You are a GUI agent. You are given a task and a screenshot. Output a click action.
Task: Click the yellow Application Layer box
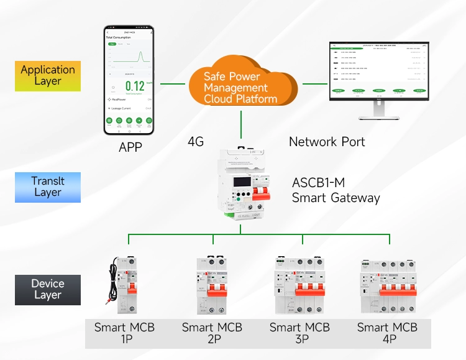coord(48,76)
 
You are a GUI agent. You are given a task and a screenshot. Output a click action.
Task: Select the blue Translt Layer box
coord(48,187)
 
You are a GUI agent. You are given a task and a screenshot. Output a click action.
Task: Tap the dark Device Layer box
coord(48,290)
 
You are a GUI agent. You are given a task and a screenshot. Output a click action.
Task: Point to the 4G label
coord(196,142)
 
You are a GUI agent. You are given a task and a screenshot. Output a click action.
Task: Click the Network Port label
coord(327,142)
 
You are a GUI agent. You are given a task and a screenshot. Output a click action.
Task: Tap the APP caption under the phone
coord(130,147)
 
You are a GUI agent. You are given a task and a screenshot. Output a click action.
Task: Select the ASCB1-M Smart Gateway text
coord(336,191)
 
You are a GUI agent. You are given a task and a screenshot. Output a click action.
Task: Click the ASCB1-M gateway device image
coord(241,187)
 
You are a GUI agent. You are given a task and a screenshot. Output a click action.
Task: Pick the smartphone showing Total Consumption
coord(130,81)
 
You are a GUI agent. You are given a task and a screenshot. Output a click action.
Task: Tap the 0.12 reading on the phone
coord(135,86)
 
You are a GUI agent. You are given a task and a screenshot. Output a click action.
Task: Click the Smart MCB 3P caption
coord(300,333)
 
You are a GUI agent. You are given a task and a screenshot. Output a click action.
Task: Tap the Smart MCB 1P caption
coord(124,333)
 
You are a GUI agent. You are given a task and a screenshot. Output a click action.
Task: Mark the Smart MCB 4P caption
coord(388,333)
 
